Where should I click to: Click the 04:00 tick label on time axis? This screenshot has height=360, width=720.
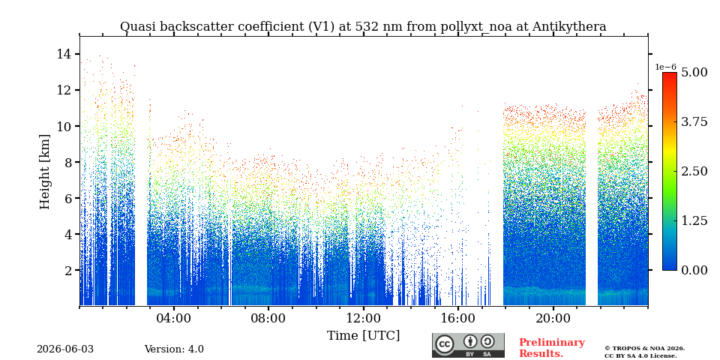tap(174, 319)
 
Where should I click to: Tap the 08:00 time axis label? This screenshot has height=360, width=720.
tap(268, 319)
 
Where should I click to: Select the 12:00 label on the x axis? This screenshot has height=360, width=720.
tap(363, 319)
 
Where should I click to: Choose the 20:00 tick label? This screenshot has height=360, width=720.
tap(553, 319)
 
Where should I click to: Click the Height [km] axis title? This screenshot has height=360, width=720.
tap(44, 172)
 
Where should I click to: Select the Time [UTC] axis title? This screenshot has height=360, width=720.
tap(363, 336)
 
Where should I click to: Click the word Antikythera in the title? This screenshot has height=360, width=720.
tap(569, 27)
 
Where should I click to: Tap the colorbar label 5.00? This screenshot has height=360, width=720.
tap(694, 73)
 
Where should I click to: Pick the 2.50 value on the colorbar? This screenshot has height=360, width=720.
tap(694, 171)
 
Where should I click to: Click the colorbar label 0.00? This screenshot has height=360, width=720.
tap(694, 271)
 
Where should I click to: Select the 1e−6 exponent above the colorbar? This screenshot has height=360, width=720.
tap(665, 67)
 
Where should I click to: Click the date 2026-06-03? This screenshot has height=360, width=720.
tap(65, 349)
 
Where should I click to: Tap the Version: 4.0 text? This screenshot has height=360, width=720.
tap(174, 349)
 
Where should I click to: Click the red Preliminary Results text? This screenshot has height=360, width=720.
tap(552, 348)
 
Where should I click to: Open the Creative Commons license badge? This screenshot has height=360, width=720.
tap(468, 345)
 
